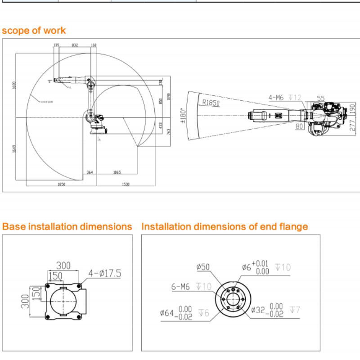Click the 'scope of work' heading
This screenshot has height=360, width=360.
point(34,31)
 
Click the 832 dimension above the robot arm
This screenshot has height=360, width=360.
point(75,45)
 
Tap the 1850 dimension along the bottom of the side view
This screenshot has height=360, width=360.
point(61,184)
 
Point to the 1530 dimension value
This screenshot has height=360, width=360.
point(126,184)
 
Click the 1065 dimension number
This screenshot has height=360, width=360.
point(117,172)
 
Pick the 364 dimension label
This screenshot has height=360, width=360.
point(90,172)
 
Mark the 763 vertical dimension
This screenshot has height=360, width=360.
point(169,131)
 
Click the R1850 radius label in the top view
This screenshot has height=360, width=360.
point(211,103)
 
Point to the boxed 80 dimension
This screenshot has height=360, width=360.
point(300,126)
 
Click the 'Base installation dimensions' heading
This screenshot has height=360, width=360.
point(67,226)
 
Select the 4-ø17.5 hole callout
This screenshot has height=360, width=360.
point(105,273)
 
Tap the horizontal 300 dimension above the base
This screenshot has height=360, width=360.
point(63,265)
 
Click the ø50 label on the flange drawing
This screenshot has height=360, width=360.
point(203,267)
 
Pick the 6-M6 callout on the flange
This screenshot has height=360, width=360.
point(181,286)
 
